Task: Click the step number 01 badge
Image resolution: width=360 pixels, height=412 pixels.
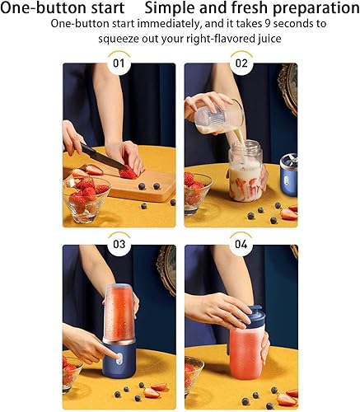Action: (x=119, y=63)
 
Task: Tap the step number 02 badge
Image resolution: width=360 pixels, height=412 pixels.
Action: (x=241, y=63)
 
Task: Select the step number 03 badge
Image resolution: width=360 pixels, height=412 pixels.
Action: (x=119, y=244)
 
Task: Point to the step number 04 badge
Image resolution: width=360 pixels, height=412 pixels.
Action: (x=241, y=244)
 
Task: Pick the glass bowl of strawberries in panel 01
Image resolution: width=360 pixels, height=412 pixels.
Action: (x=86, y=199)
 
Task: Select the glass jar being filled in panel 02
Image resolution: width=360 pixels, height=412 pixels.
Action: (x=245, y=171)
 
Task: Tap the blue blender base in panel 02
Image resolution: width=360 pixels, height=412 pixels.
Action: (x=288, y=175)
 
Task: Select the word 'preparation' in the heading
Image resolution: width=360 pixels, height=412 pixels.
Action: (x=316, y=9)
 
